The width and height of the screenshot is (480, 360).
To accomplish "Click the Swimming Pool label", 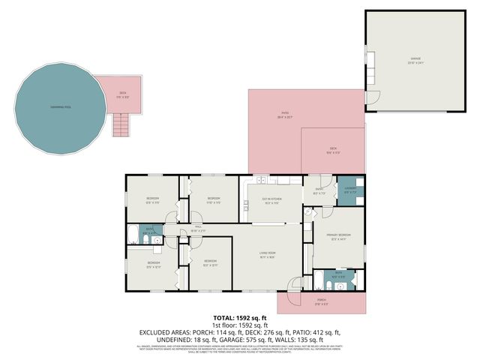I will click(x=57, y=107).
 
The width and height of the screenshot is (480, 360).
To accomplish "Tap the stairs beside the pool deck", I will click(x=121, y=124).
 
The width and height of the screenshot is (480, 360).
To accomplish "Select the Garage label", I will click(x=415, y=59).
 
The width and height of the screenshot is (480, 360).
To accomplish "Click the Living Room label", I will click(x=268, y=256).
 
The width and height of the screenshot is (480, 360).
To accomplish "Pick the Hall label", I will click(x=198, y=229).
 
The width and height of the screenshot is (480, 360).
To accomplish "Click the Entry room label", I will click(x=319, y=190).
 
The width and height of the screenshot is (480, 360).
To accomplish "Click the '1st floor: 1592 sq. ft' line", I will click(x=239, y=325).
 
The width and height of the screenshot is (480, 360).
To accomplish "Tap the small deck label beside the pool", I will click(x=122, y=94).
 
